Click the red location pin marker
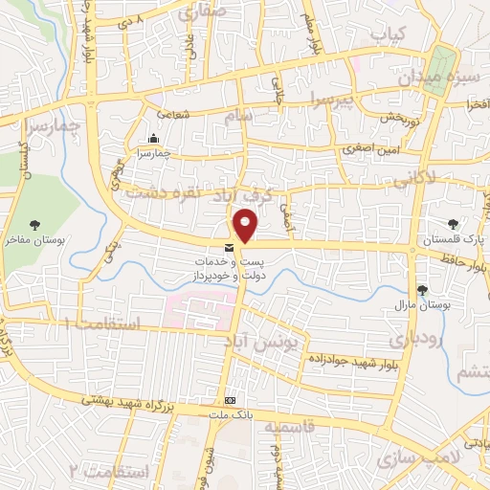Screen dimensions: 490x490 tap(247, 226)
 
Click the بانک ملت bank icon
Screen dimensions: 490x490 tap(229, 399)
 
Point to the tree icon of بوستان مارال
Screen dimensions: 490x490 tap(422, 290)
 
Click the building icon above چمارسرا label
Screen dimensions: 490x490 tap(154, 139)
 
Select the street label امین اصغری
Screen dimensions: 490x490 tap(367, 149)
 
